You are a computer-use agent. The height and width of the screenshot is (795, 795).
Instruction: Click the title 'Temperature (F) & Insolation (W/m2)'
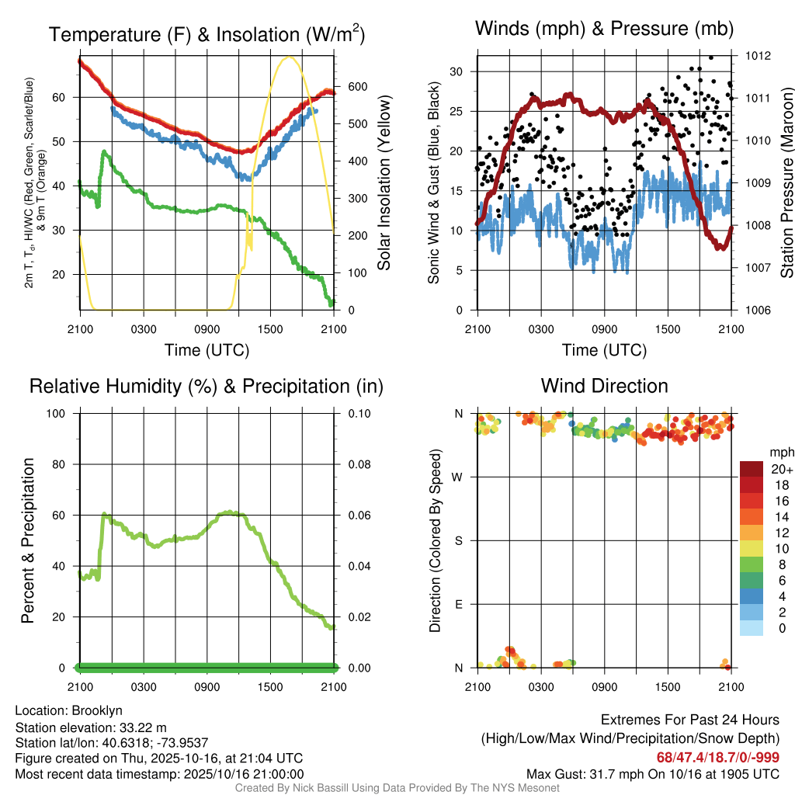pyautogui.click(x=207, y=34)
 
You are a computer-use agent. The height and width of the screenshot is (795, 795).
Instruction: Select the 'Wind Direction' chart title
pyautogui.click(x=604, y=386)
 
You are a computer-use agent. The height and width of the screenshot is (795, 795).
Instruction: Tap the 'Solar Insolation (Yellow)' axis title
pyautogui.click(x=384, y=182)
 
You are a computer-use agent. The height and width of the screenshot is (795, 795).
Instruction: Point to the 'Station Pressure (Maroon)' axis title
pyautogui.click(x=786, y=182)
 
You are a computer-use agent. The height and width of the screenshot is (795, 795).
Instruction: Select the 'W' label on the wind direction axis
pyautogui.click(x=459, y=477)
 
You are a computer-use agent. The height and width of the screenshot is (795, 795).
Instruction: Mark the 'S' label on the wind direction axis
pyautogui.click(x=459, y=540)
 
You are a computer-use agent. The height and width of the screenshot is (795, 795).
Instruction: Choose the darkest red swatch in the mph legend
pyautogui.click(x=752, y=470)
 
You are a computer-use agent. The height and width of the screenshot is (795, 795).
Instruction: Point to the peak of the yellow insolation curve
pyautogui.click(x=290, y=57)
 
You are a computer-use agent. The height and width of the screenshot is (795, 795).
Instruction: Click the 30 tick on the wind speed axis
pyautogui.click(x=457, y=71)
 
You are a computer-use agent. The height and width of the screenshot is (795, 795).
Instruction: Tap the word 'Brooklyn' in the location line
pyautogui.click(x=97, y=710)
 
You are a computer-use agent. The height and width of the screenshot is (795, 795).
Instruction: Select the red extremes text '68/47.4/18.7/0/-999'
pyautogui.click(x=718, y=757)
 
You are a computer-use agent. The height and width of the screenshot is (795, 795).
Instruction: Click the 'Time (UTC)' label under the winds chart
pyautogui.click(x=604, y=350)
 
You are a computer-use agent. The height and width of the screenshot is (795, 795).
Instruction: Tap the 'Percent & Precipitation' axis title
pyautogui.click(x=28, y=540)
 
